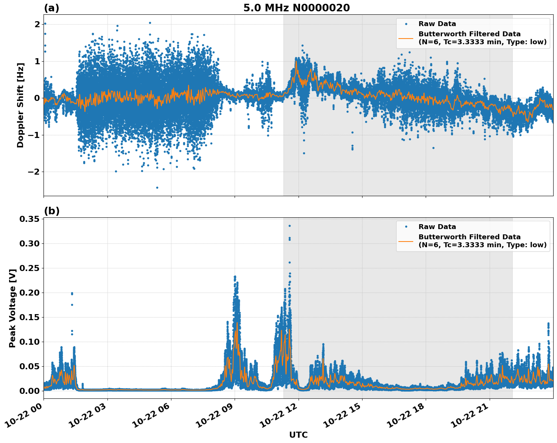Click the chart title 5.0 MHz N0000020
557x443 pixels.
coord(296,8)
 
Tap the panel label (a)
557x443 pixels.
coord(51,8)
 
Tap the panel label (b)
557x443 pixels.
coord(51,211)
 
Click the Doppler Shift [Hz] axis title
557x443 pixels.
coord(20,105)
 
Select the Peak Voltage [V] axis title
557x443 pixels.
coord(12,308)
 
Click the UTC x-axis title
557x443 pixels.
coord(298,435)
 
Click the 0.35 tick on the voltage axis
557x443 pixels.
coord(30,219)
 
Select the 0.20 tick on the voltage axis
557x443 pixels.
coord(30,293)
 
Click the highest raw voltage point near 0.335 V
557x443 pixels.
coord(289,226)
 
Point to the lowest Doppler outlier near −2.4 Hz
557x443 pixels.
coord(157,187)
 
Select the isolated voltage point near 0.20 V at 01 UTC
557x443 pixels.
coord(72,293)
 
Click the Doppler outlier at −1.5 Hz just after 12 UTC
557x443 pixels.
coord(304,153)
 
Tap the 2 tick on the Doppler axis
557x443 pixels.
coord(37,24)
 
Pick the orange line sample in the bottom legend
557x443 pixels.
coord(406,241)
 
